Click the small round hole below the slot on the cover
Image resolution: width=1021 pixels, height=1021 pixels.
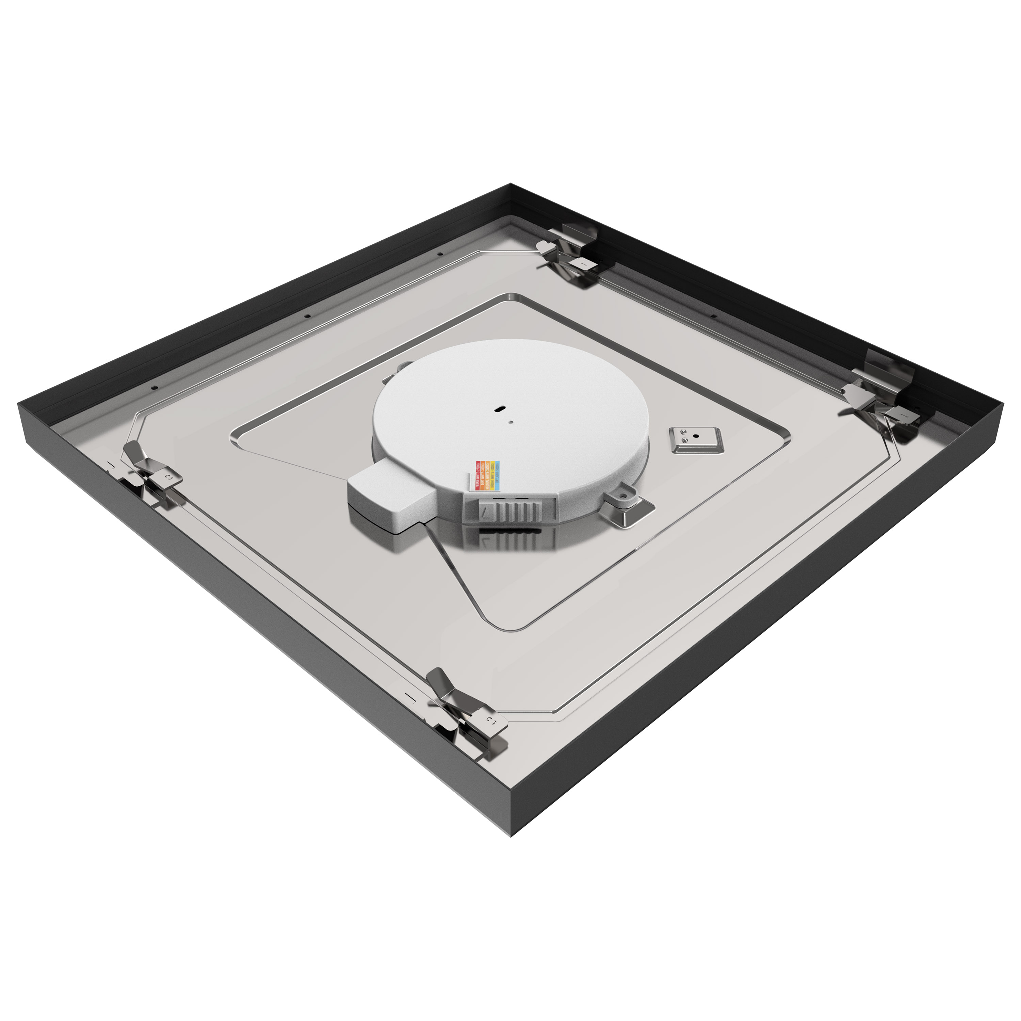pyautogui.click(x=510, y=422)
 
